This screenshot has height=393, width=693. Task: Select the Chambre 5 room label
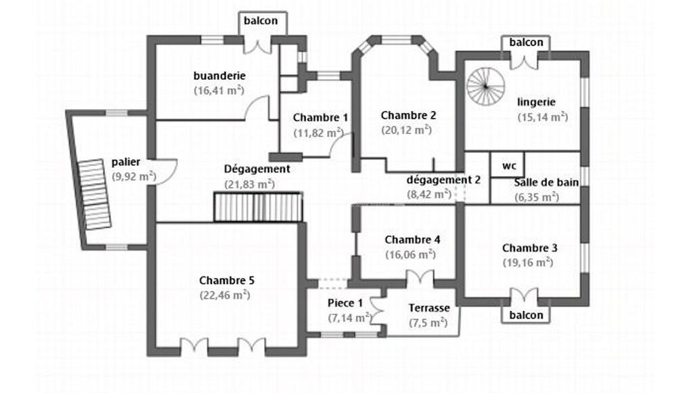(x=227, y=280)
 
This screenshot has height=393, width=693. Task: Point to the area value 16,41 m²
(x=219, y=89)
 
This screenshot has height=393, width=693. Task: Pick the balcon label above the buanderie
(x=260, y=20)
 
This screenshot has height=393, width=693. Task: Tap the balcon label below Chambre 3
(x=526, y=315)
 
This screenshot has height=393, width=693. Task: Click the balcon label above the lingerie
(x=526, y=42)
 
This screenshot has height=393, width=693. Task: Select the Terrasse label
(x=428, y=308)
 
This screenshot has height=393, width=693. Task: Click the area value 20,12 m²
(x=406, y=129)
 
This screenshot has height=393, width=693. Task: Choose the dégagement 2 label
(x=443, y=180)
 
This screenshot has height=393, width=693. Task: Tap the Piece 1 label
(x=345, y=302)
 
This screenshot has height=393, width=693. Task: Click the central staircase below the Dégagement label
(x=258, y=207)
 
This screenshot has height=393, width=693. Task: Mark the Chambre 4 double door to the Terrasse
(x=420, y=278)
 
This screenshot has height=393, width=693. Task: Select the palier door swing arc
(x=167, y=167)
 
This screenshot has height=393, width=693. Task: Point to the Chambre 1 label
(x=320, y=118)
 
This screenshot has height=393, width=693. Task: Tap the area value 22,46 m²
(x=225, y=295)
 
